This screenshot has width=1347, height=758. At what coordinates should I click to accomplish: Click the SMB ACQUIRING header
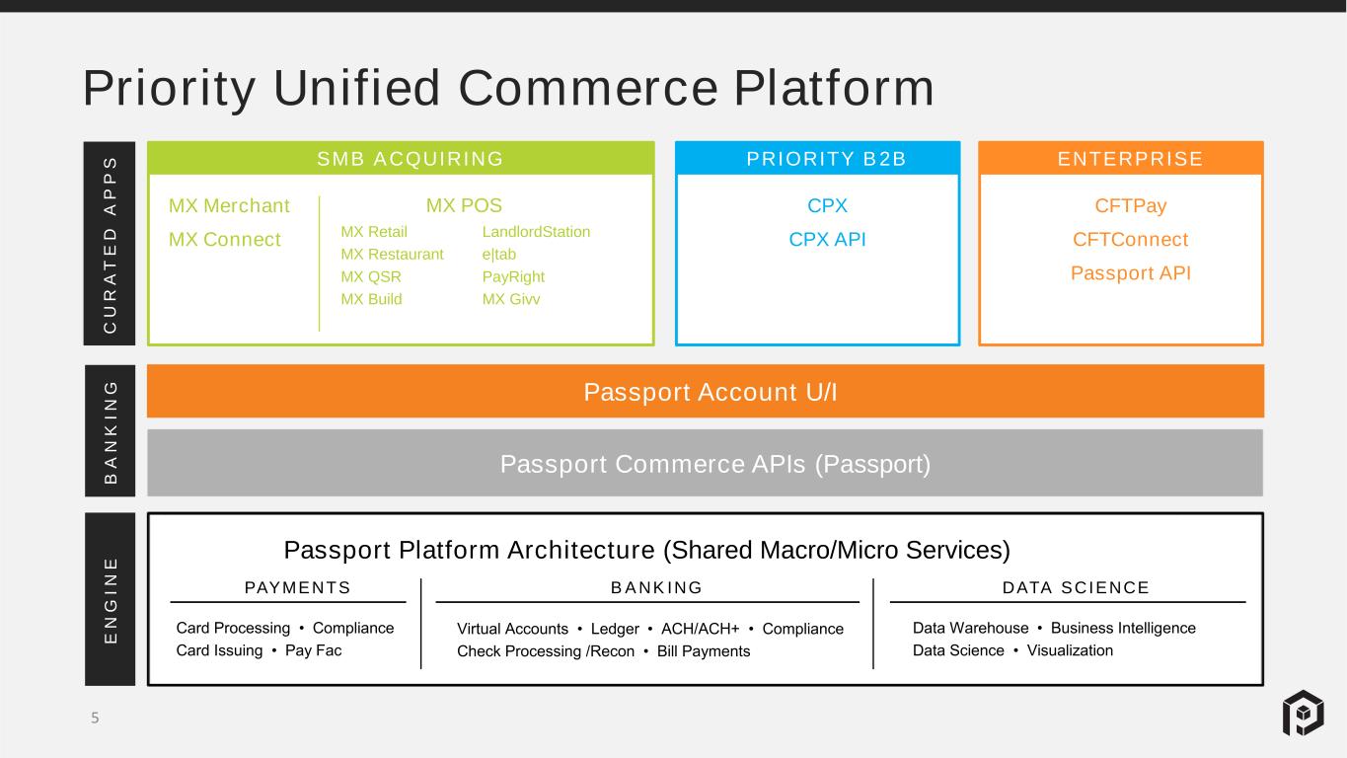[411, 159]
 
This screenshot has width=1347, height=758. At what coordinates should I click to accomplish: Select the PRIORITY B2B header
[826, 159]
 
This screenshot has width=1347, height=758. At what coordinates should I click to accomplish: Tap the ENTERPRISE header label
[1131, 159]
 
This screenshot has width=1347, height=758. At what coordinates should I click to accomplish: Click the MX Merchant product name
[229, 205]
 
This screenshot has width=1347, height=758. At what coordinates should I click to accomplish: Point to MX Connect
[224, 240]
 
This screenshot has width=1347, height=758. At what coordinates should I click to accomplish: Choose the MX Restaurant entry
[392, 255]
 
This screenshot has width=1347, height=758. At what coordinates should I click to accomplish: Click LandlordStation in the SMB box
[537, 232]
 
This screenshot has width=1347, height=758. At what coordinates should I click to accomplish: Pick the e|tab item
[499, 255]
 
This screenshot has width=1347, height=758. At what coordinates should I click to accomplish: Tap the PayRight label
[513, 276]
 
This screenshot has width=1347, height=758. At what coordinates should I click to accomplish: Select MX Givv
[511, 299]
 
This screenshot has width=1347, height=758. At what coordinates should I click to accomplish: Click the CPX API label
[827, 240]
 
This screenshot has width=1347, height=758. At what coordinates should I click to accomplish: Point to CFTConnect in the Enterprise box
[1131, 240]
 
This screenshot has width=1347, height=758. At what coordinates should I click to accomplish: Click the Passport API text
[1131, 273]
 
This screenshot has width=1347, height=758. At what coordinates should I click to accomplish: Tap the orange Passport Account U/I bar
[706, 391]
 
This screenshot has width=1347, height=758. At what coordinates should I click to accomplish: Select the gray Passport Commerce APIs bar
[706, 463]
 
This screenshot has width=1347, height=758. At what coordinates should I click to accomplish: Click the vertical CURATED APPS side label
[110, 244]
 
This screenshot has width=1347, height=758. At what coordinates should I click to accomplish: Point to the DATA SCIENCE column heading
[1076, 588]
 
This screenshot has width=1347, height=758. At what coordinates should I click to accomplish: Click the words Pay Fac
[313, 650]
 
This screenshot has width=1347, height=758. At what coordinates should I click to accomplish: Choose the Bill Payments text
[704, 651]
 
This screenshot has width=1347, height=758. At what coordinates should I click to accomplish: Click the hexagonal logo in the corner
[1304, 714]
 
